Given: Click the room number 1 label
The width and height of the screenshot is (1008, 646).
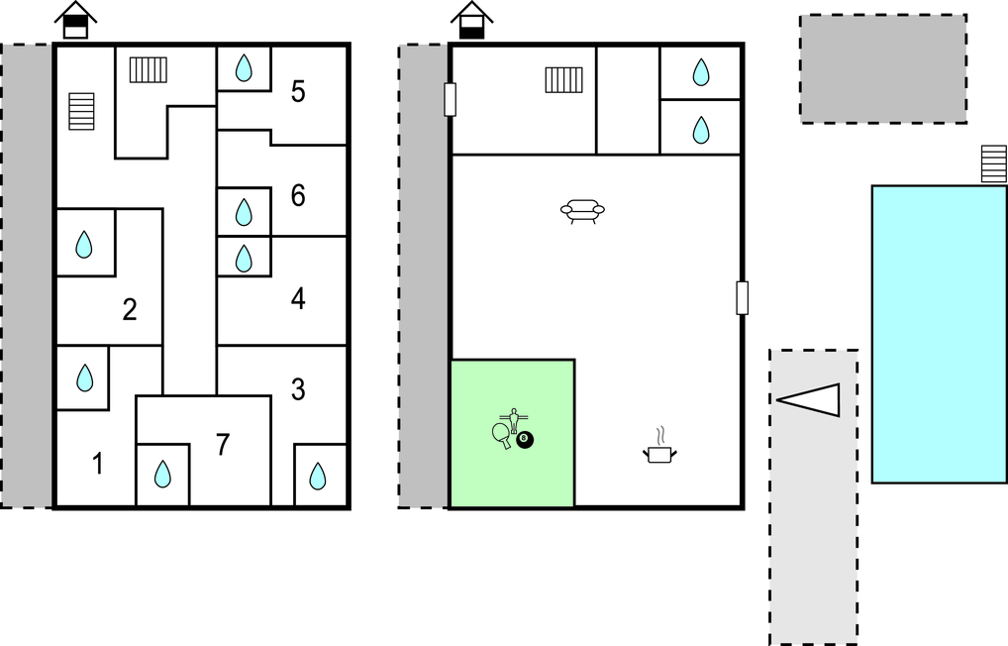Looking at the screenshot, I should [97, 463].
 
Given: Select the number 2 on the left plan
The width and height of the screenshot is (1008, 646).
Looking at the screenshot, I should [129, 310].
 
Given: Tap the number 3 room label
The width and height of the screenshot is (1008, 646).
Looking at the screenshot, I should [298, 389].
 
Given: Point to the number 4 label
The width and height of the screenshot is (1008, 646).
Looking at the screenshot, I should [298, 298].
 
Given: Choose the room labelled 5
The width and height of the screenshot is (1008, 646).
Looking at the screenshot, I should [298, 92].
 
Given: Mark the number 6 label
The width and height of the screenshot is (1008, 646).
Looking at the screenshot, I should [298, 196].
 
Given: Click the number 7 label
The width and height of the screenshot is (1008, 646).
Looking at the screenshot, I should [223, 446].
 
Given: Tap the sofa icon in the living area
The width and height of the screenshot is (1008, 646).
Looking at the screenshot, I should [582, 211].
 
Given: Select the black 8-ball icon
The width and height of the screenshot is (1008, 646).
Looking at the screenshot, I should [525, 440].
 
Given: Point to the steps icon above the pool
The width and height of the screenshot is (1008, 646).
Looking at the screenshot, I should [993, 163].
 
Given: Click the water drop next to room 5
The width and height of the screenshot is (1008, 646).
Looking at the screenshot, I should [244, 68].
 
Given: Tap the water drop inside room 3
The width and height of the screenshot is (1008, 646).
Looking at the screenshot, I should [318, 477].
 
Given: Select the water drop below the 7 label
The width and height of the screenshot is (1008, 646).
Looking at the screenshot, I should [162, 476].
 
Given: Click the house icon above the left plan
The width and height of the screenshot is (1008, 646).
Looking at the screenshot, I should [75, 20].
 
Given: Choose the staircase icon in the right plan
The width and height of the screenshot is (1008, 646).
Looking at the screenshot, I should [563, 79].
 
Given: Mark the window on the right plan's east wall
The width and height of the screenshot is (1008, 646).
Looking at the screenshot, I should [742, 297].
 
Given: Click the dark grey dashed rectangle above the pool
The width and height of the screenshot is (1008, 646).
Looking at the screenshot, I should [882, 68].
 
